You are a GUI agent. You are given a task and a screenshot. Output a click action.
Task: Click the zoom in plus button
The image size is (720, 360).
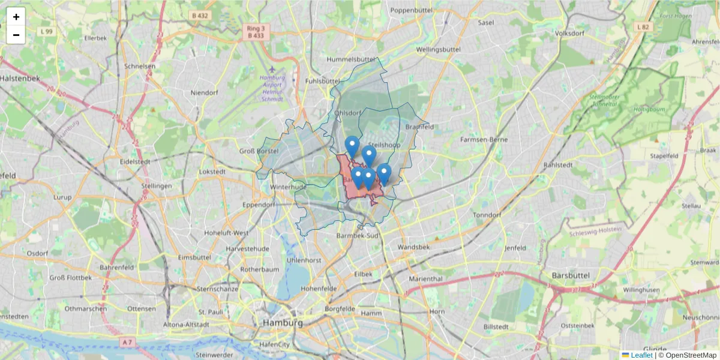coord(16,17)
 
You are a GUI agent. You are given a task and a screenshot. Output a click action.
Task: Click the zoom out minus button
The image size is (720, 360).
coord(16,35)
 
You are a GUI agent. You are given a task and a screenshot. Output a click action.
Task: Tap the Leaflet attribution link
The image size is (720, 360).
coord(641,355)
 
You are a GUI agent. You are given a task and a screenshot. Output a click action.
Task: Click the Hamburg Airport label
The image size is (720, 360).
coord(272,88)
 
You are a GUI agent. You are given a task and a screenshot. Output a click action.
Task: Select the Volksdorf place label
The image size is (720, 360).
coord(571,34)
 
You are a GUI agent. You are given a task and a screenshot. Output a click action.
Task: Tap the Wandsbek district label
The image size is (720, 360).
coord(414,247)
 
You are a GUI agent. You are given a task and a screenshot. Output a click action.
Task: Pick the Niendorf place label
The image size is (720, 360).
coord(204,93)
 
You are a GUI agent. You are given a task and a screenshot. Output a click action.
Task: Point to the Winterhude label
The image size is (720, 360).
coord(289,187)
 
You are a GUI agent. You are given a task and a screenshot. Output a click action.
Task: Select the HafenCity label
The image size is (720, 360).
coord(275,344)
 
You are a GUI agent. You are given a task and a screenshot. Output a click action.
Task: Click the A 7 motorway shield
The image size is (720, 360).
coord(127,342)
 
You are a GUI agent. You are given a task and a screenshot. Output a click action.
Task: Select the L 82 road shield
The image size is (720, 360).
coord(643,27)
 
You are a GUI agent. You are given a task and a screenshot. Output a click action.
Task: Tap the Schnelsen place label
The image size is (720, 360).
coord(140,67)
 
